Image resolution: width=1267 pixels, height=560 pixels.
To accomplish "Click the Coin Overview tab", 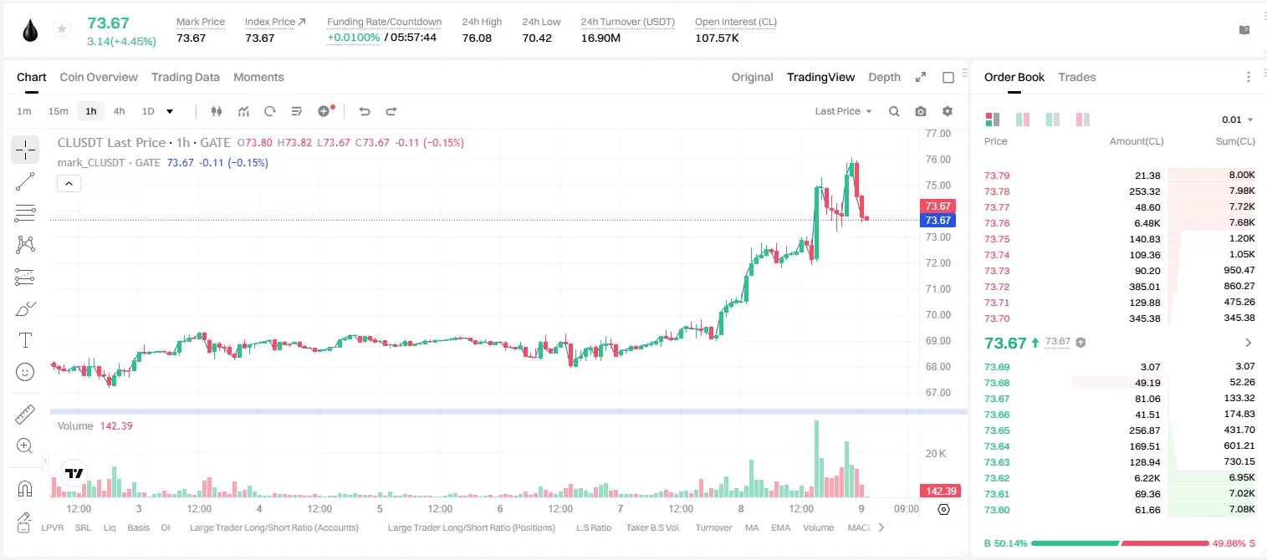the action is click(x=99, y=77).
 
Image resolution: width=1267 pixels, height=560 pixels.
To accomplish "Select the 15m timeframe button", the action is click(x=59, y=111).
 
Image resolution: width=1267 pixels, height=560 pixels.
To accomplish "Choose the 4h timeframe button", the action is click(x=119, y=111).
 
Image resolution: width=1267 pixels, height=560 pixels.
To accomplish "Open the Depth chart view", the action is click(x=884, y=77).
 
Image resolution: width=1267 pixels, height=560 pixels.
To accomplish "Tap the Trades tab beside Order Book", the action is click(x=1077, y=77).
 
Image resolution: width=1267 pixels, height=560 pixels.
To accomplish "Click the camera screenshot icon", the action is click(x=921, y=111).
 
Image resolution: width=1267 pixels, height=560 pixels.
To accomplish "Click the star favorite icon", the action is click(x=62, y=28).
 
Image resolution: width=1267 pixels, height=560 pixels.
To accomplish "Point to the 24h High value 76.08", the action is click(x=477, y=38).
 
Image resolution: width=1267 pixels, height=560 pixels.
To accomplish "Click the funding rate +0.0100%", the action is click(x=354, y=38).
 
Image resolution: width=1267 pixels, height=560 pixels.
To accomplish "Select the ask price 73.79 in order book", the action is click(x=997, y=176).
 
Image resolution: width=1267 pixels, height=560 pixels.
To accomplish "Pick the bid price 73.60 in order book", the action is click(x=997, y=510).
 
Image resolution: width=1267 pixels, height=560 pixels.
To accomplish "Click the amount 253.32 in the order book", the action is click(x=1144, y=191).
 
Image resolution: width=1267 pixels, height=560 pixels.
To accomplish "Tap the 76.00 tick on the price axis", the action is click(x=937, y=160).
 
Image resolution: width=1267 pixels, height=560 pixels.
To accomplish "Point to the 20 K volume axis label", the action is click(x=936, y=453).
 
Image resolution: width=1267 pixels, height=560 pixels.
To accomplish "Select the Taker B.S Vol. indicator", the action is click(x=652, y=527).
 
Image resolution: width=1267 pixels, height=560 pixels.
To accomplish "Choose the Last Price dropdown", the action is click(x=843, y=111).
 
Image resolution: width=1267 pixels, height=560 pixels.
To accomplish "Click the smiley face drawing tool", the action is click(x=25, y=372).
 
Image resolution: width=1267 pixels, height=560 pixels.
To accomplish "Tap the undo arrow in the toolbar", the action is click(x=365, y=111).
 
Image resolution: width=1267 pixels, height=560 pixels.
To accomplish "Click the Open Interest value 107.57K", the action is click(x=717, y=38).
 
